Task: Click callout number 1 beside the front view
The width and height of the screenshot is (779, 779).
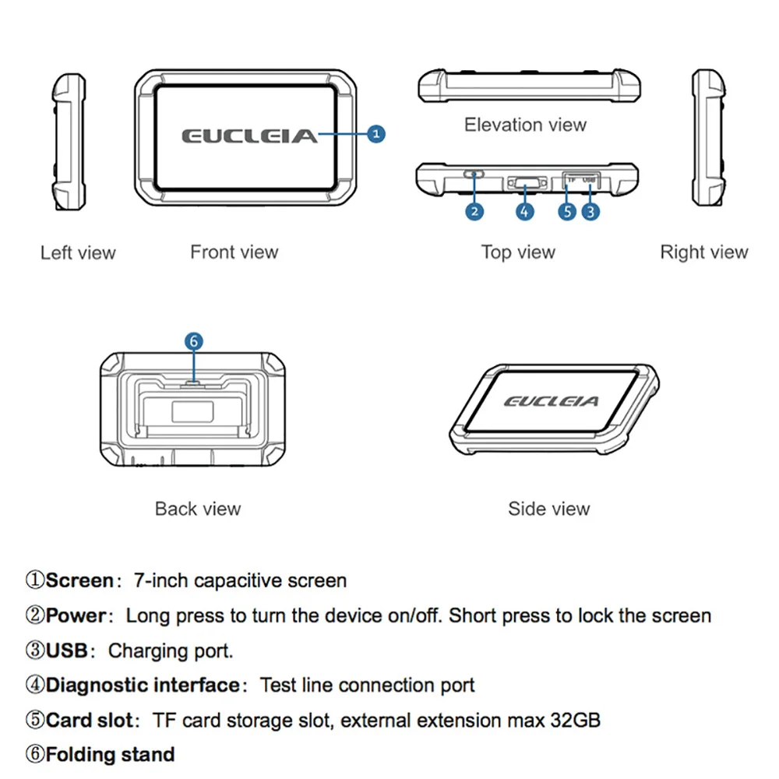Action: coord(376,134)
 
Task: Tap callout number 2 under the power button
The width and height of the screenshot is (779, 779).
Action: coord(474,210)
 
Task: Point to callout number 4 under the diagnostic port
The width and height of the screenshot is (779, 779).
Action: coord(525,210)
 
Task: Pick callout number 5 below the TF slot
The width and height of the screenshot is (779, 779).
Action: coord(568,210)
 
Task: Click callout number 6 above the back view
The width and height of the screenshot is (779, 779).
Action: coord(194,341)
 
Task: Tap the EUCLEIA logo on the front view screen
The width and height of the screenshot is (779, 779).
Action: coord(250,136)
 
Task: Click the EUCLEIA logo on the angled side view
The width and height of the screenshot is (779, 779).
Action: coord(552,401)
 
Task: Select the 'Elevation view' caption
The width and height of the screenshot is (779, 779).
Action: coord(525,125)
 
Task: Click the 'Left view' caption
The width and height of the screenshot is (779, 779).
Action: coord(78,252)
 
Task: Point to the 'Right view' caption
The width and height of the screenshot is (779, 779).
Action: coord(703,252)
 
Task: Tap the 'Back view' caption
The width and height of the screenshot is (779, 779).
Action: coord(198,509)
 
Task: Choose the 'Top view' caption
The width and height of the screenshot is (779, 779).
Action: coord(518,252)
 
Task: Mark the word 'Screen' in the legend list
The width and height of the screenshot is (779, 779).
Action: coord(79,580)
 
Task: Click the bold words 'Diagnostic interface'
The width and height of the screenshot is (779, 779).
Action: coord(143,686)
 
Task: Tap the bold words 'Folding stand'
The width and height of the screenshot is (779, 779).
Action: coord(110,755)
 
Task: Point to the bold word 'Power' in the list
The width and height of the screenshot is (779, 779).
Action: coord(76,615)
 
